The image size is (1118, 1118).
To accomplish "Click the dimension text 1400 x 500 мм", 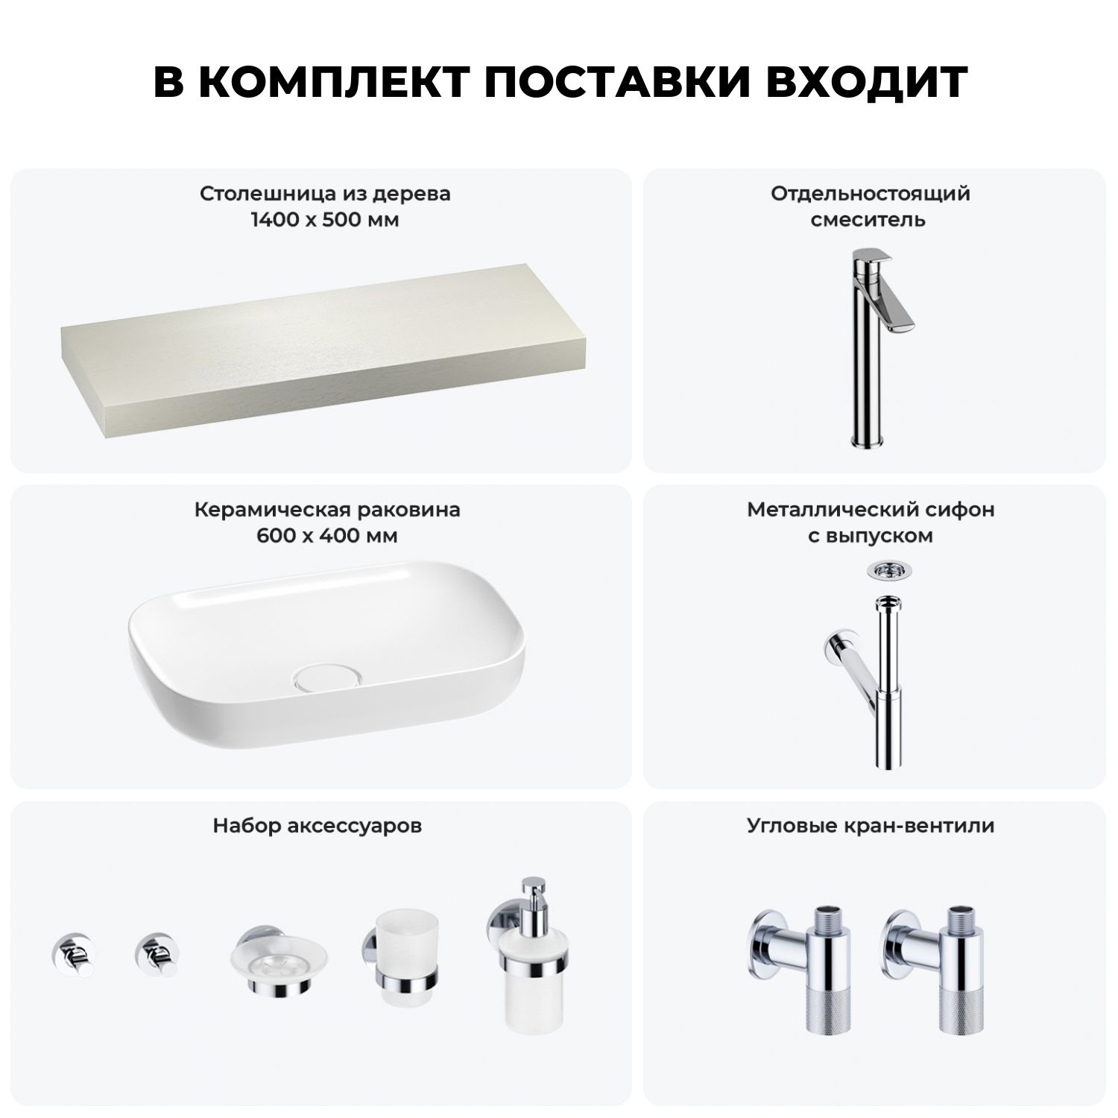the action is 325,220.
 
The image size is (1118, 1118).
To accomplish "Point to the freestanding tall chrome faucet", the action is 879,347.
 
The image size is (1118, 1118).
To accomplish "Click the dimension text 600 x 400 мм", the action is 327,536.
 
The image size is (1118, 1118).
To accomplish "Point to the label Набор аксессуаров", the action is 318,826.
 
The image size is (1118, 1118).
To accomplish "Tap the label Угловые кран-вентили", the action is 871,826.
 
